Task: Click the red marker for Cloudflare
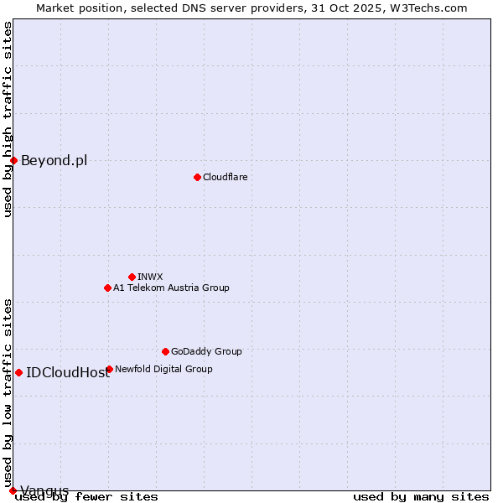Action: point(197,177)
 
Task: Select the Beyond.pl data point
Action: point(13,160)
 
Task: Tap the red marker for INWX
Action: point(132,277)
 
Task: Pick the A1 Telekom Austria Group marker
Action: point(107,288)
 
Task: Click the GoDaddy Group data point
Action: point(165,351)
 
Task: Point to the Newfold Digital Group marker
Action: point(109,369)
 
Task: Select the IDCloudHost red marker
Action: point(18,372)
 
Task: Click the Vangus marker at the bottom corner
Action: point(13,490)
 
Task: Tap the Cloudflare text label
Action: point(225,177)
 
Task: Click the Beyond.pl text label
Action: point(54,160)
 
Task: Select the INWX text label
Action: point(150,277)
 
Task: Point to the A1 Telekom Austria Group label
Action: point(171,288)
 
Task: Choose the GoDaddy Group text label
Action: point(206,351)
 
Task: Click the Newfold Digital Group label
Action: point(163,369)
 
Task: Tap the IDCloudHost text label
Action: point(68,372)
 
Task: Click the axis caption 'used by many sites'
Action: point(421,496)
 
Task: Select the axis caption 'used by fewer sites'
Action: point(86,496)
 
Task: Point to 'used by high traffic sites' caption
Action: point(8,119)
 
